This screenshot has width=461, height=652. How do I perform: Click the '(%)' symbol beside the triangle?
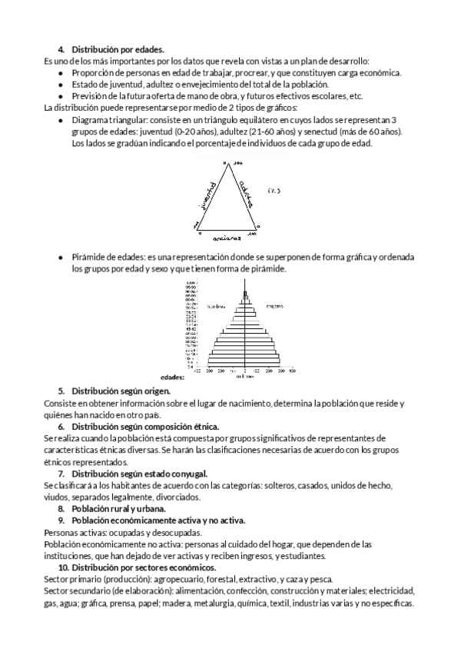point(274,190)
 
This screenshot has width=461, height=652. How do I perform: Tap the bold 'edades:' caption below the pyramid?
point(173,378)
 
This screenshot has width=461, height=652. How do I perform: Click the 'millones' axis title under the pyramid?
point(245,377)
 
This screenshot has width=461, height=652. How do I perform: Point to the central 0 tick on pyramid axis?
point(245,371)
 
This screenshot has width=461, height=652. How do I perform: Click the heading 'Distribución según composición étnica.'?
point(145,426)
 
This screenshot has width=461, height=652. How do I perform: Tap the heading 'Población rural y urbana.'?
point(118,509)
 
